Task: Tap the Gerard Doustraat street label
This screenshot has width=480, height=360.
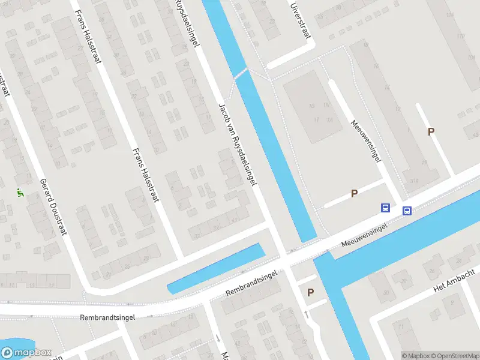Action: tap(51, 207)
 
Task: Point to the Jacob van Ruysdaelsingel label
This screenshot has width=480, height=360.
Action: tap(238, 143)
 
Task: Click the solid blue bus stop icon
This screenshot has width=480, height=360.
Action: tap(385, 208)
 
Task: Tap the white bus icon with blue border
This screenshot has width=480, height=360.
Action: tap(407, 211)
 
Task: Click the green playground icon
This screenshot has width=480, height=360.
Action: tap(20, 193)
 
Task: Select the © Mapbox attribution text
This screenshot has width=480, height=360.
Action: tap(415, 356)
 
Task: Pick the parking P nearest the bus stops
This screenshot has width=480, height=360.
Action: tap(354, 193)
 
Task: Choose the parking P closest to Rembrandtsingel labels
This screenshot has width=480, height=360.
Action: tap(310, 293)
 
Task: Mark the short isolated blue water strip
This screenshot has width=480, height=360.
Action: tap(216, 269)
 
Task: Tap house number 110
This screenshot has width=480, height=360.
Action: tap(461, 37)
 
